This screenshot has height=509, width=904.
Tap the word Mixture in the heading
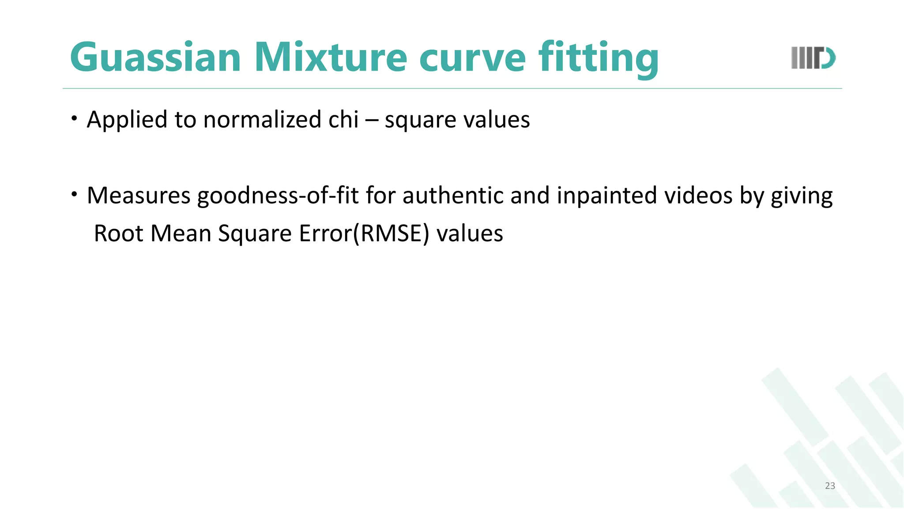331,57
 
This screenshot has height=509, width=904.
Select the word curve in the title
472,57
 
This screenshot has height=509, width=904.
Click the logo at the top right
813,58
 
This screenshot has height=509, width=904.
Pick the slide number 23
830,486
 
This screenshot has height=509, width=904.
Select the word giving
802,196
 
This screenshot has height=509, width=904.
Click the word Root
119,233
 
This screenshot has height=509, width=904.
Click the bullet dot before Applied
75,118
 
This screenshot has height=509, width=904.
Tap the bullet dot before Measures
75,194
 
